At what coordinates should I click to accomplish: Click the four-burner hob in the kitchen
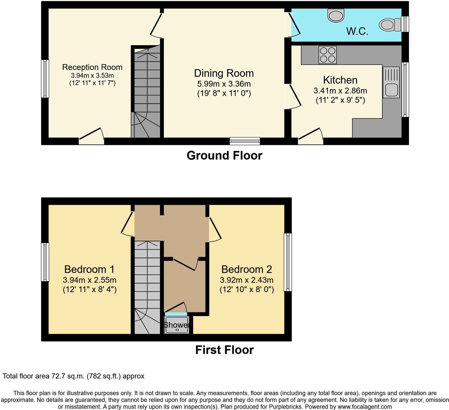coord(328,55)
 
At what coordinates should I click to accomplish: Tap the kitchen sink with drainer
coord(391,82)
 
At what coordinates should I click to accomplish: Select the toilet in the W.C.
coord(390,25)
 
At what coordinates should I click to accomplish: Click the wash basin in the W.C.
coord(336,15)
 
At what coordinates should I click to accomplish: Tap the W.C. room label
coord(357,31)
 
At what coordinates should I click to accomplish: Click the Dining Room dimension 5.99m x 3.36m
coord(224,84)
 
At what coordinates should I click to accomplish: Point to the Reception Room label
coord(92,67)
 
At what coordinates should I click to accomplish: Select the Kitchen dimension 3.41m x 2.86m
coord(340,91)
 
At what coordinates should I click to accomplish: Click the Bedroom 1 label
coord(89,269)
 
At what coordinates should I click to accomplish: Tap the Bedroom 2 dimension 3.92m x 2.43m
coord(246,280)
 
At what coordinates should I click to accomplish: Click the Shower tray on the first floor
coord(176,325)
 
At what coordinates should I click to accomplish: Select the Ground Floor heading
coord(224,156)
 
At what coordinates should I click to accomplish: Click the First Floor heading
coord(224,350)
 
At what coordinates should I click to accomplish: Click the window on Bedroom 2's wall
coord(288,262)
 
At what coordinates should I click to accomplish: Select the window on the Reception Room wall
coord(45,79)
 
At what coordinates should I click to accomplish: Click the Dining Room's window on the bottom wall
coord(245,141)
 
